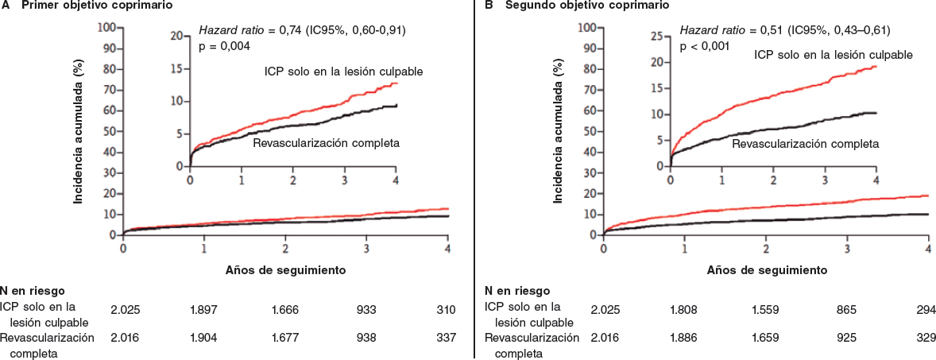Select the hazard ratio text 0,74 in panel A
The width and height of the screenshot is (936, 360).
click(288, 30)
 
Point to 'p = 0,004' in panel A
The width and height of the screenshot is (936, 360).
click(224, 46)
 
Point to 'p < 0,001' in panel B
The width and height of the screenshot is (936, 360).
click(705, 46)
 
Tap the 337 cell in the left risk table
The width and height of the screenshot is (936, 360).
click(447, 338)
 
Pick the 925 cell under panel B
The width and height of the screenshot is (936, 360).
click(846, 338)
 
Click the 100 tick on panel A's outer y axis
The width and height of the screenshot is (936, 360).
click(107, 27)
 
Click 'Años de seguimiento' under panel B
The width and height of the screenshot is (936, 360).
click(768, 270)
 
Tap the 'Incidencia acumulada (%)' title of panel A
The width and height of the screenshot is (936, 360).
click(79, 131)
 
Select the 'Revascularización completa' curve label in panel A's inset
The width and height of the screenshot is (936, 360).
click(326, 144)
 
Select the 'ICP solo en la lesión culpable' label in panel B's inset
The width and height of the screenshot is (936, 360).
click(833, 55)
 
